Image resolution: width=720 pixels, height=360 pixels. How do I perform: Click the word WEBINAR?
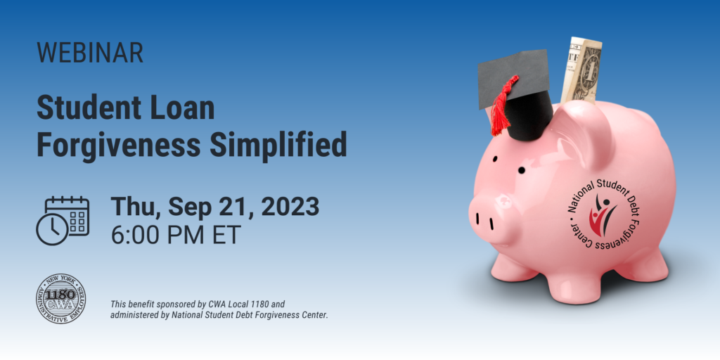(x=90, y=53)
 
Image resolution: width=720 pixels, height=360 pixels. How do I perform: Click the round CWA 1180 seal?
(x=63, y=298)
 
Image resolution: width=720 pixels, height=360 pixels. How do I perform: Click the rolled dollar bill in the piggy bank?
(x=582, y=70)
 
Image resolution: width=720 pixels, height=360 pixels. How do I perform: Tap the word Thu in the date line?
(x=135, y=207)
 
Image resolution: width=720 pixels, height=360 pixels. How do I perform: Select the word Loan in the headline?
(x=181, y=109)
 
